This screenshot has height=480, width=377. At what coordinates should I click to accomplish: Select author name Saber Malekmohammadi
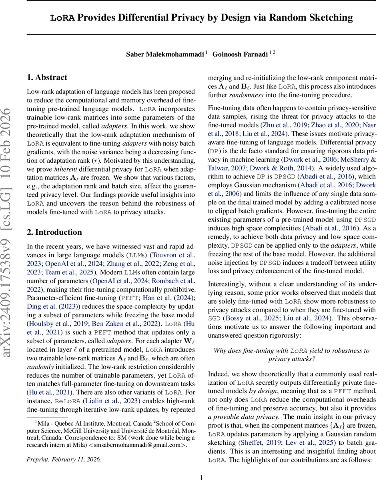(x=164, y=54)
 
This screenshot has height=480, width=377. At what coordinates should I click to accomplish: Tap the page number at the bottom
(x=202, y=474)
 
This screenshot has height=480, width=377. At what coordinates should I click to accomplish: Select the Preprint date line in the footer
(x=64, y=459)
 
